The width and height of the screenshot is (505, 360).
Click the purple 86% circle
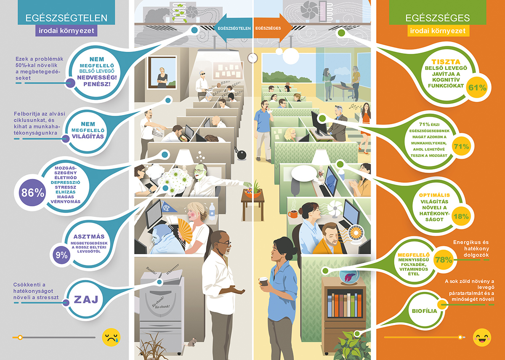tap(32, 192)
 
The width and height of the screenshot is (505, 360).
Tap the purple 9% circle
tap(61, 255)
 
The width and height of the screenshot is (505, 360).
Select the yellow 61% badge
tap(477, 88)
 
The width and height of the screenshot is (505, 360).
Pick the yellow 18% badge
tap(461, 216)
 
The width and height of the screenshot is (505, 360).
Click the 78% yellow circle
tap(444, 260)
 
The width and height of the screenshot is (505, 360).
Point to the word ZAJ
tap(86, 299)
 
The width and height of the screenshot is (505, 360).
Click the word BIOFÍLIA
tap(424, 311)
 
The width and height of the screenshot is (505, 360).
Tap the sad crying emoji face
tap(111, 337)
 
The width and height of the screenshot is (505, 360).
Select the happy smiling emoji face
tap(482, 337)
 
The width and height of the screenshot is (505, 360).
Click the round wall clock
tap(252, 58)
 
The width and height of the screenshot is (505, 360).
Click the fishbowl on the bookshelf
tap(349, 276)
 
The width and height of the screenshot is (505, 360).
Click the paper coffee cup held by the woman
tap(263, 282)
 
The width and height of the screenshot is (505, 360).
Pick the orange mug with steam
tap(292, 213)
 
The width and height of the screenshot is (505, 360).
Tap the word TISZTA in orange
tap(446, 62)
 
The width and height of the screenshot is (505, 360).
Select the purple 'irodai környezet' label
tap(66, 31)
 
